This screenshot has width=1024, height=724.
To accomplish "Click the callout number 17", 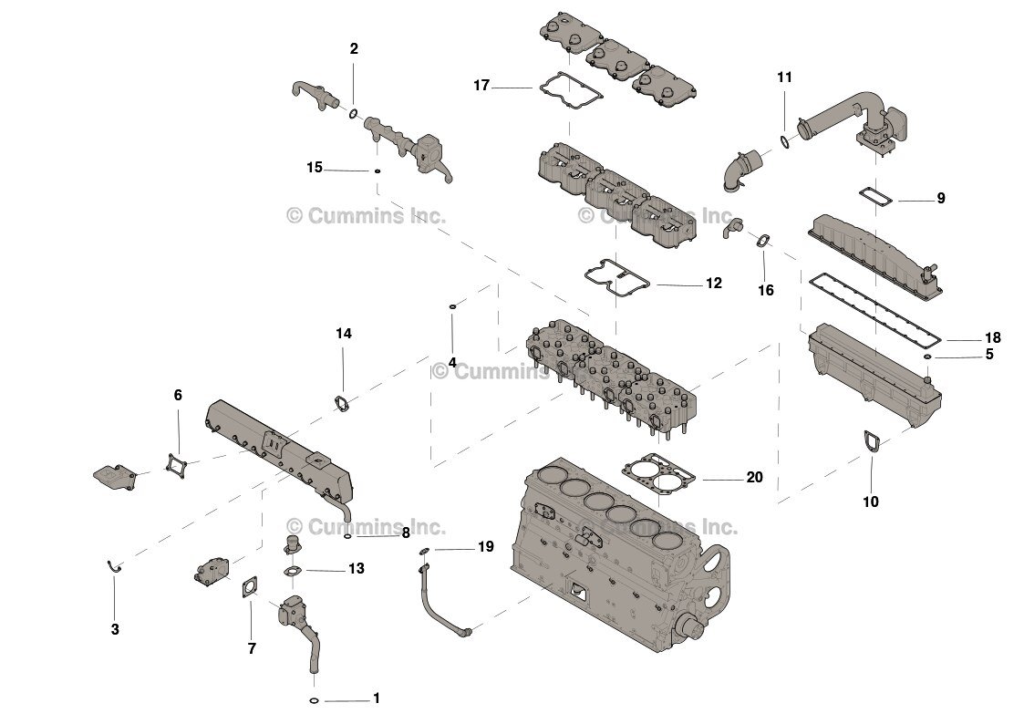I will [x=481, y=86].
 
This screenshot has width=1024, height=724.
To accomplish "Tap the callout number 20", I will [x=754, y=477].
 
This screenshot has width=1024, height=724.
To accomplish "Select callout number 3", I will [x=115, y=629].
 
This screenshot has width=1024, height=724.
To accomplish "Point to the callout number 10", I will [x=871, y=502].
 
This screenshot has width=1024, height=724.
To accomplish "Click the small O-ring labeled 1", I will [x=313, y=700].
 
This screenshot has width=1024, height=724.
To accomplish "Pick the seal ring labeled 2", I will [x=353, y=113].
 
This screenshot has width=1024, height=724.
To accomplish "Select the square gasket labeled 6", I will [x=176, y=464].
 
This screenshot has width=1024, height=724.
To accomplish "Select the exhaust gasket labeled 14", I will [x=342, y=402].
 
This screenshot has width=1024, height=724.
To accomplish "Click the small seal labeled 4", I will [x=452, y=307].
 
